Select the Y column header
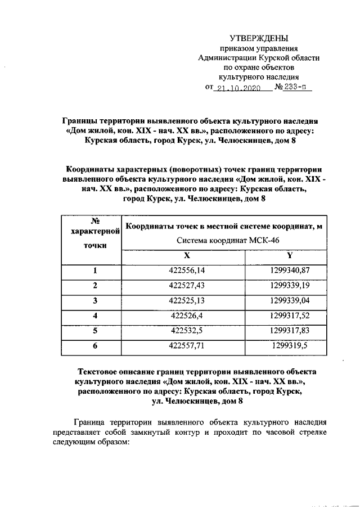(x=290, y=255)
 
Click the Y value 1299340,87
(x=290, y=271)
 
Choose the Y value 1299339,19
(x=290, y=286)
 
